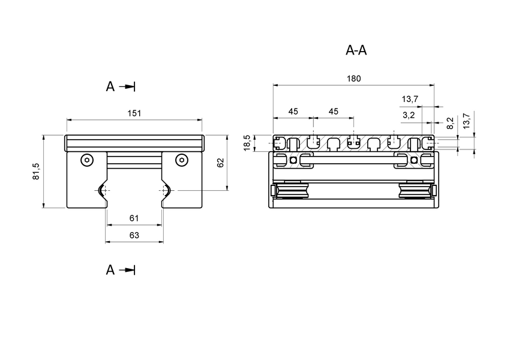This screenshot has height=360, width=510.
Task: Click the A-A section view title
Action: (x=356, y=50)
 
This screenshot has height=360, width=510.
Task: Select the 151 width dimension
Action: (x=134, y=113)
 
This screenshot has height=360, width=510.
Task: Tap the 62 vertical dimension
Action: (x=220, y=163)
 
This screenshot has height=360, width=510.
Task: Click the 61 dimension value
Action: (x=134, y=218)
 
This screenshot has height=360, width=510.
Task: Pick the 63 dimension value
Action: (x=134, y=236)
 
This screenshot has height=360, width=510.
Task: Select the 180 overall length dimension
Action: (x=353, y=79)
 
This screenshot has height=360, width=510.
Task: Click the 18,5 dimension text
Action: (x=247, y=143)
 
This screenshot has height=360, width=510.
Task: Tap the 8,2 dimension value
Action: (x=451, y=124)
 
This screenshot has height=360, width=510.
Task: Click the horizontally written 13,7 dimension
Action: (x=410, y=99)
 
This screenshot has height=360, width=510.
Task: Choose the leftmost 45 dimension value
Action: (x=293, y=112)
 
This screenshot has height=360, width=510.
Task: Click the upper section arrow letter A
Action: (x=110, y=87)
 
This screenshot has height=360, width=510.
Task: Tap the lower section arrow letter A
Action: (x=110, y=270)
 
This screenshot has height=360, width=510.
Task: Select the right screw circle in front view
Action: (x=181, y=160)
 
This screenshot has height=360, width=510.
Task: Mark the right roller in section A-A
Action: (x=414, y=191)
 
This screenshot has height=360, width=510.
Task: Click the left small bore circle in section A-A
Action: (x=293, y=160)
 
